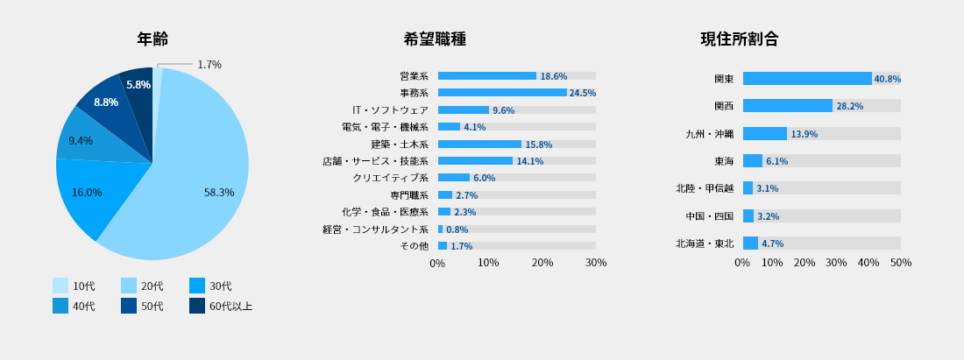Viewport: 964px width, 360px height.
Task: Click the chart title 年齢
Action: (x=152, y=39)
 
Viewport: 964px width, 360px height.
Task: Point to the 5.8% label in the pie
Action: (x=138, y=85)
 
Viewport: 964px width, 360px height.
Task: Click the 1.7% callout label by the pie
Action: (x=209, y=65)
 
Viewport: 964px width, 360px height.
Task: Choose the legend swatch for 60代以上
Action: (x=197, y=306)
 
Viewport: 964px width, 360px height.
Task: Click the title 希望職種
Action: (x=435, y=39)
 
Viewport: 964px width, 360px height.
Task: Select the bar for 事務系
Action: (x=502, y=93)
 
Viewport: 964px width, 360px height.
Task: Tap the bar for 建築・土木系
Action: (x=479, y=144)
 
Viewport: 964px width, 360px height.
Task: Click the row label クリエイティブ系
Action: (x=390, y=178)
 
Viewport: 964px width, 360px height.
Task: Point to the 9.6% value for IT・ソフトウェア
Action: (x=504, y=110)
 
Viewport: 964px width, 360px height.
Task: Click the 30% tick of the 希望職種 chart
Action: (x=596, y=263)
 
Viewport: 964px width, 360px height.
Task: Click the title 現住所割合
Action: (x=740, y=39)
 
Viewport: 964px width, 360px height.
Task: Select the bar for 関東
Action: (x=807, y=79)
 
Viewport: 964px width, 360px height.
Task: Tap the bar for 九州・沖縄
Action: (x=765, y=134)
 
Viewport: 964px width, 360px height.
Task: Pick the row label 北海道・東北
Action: (x=705, y=244)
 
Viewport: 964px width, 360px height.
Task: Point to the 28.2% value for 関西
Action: (x=850, y=106)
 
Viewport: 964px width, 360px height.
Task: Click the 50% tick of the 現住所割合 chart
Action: (x=901, y=263)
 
